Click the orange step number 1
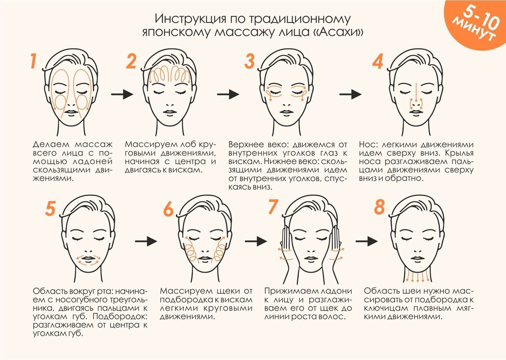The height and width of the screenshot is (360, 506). (34, 61)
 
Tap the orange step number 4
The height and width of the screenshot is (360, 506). (377, 62)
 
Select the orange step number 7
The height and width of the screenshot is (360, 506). (273, 207)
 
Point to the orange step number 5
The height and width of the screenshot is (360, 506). (50, 209)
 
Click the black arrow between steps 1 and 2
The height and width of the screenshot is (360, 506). (122, 94)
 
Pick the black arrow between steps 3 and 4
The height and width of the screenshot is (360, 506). (350, 94)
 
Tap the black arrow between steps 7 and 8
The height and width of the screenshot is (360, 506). (366, 241)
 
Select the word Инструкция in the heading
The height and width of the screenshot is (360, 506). (191, 19)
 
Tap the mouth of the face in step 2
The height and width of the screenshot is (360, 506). (170, 112)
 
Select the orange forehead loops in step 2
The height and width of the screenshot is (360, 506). (170, 75)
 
